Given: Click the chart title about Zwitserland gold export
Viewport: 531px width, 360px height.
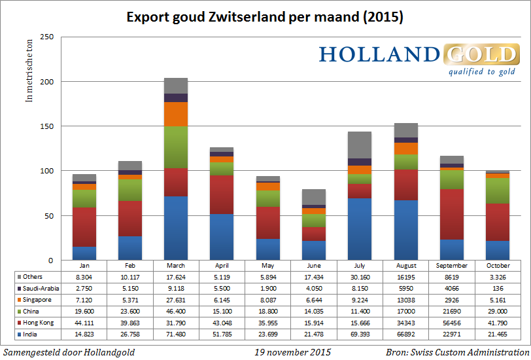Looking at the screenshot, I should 265,16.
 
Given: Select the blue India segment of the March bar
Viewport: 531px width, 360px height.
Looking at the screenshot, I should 176,228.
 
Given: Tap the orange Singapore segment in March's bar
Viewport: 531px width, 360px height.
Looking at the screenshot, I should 176,114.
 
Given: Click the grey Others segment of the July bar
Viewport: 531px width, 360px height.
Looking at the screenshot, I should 359,145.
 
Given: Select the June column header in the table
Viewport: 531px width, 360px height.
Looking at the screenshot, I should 313,266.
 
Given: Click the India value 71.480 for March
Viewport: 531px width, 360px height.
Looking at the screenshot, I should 176,334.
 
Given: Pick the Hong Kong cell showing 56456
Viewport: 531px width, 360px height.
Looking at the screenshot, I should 451,322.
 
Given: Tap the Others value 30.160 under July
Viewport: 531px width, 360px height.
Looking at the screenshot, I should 359,278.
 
